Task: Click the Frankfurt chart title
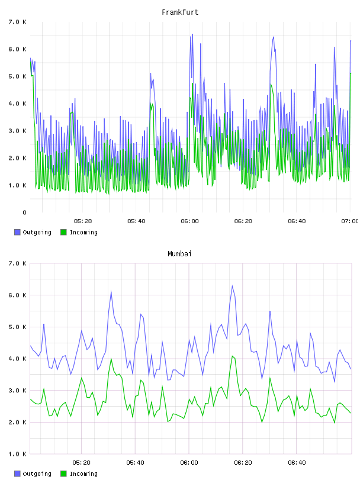pos(180,12)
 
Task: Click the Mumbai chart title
pos(179,254)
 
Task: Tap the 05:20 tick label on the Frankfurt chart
pos(83,221)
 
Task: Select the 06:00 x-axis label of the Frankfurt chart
pos(189,221)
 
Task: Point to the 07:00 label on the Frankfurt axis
pos(350,221)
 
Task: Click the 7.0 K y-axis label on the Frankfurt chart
pos(18,22)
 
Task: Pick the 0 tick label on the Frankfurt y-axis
pos(24,212)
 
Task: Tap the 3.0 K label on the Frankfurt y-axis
pos(18,131)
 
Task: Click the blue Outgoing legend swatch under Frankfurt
pos(17,232)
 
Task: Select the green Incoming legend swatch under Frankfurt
pos(63,232)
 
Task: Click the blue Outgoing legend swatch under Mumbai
pos(17,474)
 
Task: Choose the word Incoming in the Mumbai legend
pos(83,474)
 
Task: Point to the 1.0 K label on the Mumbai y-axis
pos(18,454)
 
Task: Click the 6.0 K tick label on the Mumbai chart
pos(18,295)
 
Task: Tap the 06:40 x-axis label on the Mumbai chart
pos(297,463)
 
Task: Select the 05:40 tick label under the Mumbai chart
pos(135,463)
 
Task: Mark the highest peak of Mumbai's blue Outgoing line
pos(232,285)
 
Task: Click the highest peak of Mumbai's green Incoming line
pos(232,356)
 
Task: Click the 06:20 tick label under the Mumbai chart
pos(243,463)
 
